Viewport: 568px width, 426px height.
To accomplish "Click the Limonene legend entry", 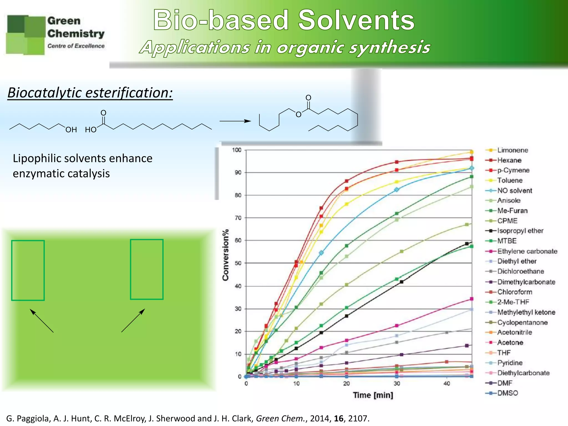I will (512, 150).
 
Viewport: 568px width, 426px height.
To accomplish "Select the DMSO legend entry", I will (508, 393).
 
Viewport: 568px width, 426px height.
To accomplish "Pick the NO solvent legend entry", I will (514, 191).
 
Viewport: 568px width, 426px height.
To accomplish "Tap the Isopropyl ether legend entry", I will (520, 231).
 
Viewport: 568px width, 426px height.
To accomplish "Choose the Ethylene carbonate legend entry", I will (527, 251).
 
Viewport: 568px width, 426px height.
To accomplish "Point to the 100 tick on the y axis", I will (237, 150).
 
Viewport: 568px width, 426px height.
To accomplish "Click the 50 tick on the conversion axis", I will (238, 263).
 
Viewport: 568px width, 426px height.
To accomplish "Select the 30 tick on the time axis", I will (397, 384).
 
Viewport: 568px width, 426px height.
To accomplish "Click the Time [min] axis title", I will (373, 395).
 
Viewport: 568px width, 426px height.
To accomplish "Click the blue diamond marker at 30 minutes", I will (397, 189).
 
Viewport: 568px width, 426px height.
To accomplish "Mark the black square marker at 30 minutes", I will (401, 282).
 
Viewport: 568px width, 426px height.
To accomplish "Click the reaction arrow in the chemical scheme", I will (235, 121).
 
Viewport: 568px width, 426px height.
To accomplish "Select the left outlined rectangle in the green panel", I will (28, 270).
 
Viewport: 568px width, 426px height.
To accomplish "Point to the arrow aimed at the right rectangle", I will (133, 320).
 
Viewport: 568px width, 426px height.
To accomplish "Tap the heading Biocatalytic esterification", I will (90, 93).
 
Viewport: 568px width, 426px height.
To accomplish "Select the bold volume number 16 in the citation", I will (338, 418).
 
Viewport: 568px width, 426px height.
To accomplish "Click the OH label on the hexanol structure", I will (71, 130).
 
